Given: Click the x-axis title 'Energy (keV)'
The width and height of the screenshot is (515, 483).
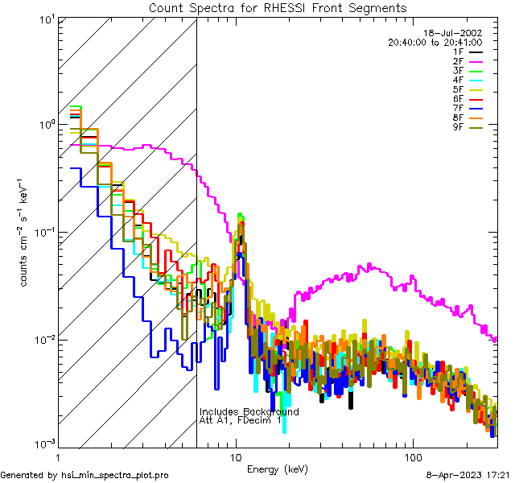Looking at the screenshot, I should click(278, 469).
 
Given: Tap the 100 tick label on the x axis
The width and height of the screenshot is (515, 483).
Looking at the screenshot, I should click(412, 456).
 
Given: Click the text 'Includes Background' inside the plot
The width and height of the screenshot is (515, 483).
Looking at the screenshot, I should click(249, 411).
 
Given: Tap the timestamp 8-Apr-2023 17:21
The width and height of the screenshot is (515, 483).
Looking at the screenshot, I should click(468, 476).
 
